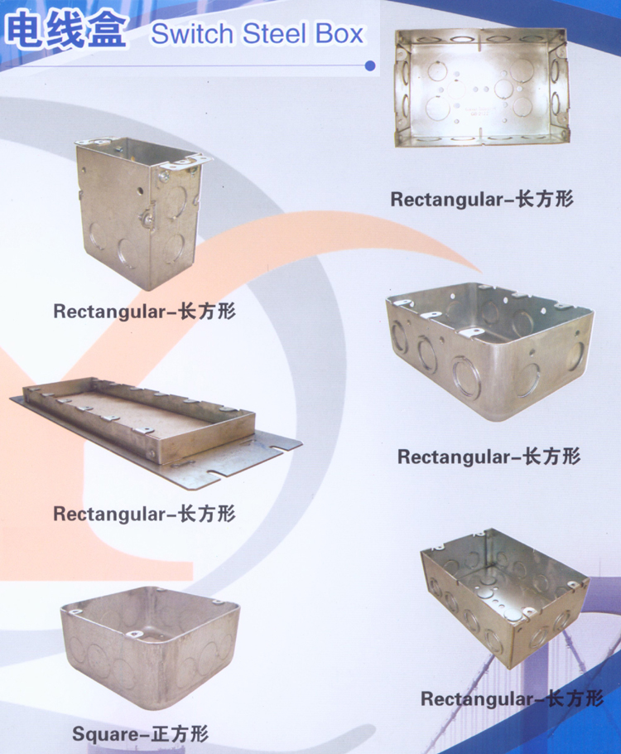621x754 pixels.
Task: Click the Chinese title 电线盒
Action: pyautogui.click(x=66, y=31)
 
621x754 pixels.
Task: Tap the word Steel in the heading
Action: pyautogui.click(x=274, y=34)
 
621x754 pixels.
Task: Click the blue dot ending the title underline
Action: pyautogui.click(x=369, y=66)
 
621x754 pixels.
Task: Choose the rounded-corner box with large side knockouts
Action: pyautogui.click(x=489, y=351)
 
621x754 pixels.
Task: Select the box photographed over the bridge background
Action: pyautogui.click(x=505, y=597)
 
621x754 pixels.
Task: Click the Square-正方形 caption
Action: pyautogui.click(x=141, y=734)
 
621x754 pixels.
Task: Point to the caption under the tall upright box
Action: pyautogui.click(x=144, y=311)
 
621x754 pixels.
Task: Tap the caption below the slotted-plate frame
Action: pyautogui.click(x=144, y=514)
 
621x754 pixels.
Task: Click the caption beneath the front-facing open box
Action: pyautogui.click(x=482, y=199)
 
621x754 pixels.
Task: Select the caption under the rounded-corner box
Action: pyautogui.click(x=489, y=457)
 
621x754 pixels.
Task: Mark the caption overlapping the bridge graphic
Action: pyautogui.click(x=512, y=698)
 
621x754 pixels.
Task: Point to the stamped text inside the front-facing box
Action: pyautogui.click(x=478, y=112)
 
